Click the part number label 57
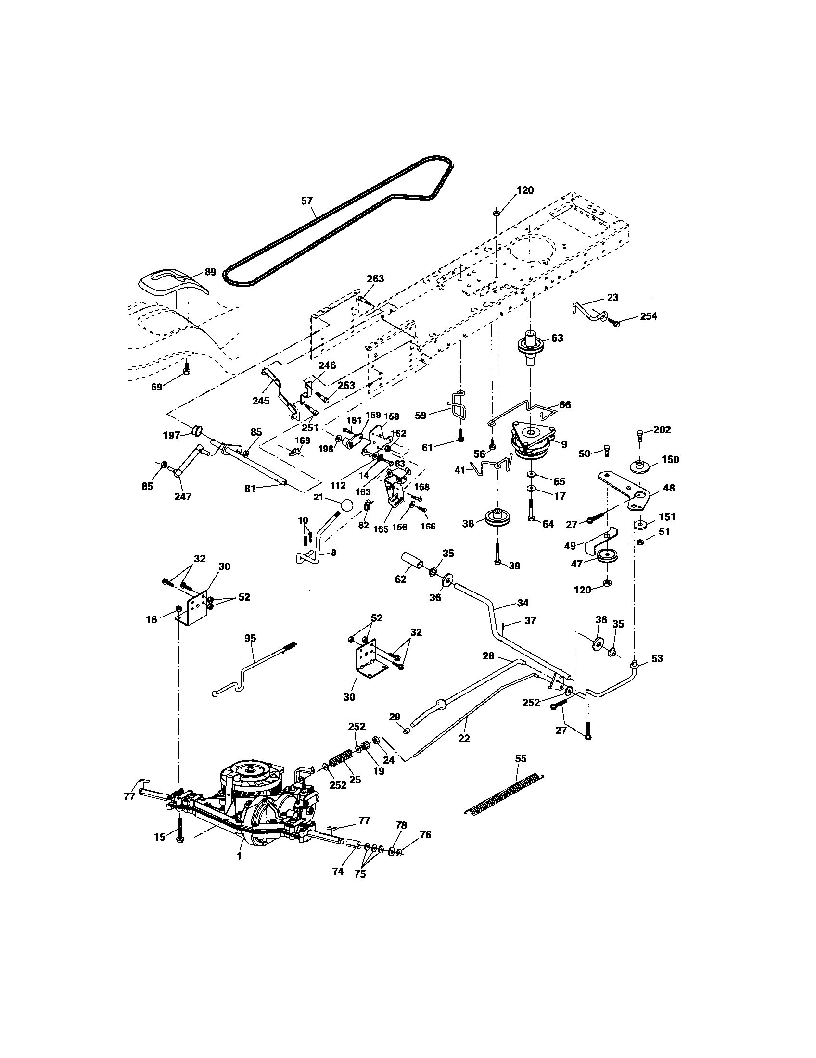(x=307, y=201)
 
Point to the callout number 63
(x=557, y=338)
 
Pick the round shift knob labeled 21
(x=346, y=506)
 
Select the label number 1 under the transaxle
(x=239, y=856)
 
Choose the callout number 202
(x=662, y=429)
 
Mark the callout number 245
(x=261, y=401)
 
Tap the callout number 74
(x=338, y=871)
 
